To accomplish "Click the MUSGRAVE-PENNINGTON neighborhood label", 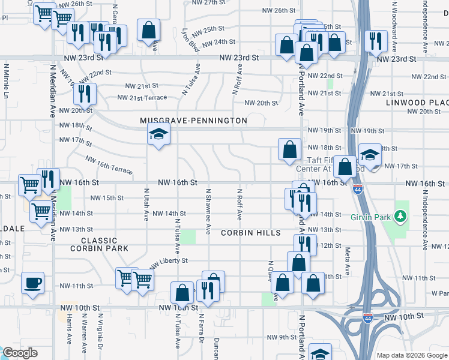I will (x=193, y=121).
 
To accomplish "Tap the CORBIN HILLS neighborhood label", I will (x=250, y=233).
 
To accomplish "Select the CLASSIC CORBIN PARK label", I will (x=100, y=244).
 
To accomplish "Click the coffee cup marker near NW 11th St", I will (x=32, y=282).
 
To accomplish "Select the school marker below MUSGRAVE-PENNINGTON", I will (x=158, y=135).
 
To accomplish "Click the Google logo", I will (x=20, y=353).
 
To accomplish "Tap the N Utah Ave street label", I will (x=146, y=204).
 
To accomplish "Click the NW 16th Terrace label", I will (x=109, y=166).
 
